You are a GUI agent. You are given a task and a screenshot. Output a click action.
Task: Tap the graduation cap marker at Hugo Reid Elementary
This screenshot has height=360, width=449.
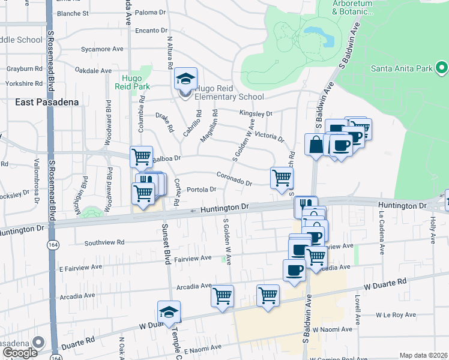pos(186,79)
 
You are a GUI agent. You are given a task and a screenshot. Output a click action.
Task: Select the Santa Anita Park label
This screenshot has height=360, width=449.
pos(402,68)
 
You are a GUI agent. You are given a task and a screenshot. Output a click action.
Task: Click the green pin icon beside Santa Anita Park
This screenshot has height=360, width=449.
pos(442,67)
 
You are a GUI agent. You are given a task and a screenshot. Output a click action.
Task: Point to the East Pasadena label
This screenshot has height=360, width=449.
pos(47,102)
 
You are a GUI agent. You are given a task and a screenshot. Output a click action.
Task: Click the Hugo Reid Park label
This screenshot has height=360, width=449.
pos(132,82)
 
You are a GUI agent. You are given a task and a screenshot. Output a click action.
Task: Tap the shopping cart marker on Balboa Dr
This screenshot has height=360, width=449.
pos(141,157)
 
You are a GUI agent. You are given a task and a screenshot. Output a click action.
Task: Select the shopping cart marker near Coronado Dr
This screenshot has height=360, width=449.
pos(282,178)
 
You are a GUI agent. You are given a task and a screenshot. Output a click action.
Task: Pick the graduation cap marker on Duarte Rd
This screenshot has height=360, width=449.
pos(169,312)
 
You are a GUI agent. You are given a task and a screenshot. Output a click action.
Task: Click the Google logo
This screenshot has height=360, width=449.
pos(19,352)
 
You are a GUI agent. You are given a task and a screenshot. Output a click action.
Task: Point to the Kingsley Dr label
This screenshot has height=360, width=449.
pos(256,112)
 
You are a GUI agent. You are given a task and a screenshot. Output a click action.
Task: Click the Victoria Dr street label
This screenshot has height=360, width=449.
pos(269,137)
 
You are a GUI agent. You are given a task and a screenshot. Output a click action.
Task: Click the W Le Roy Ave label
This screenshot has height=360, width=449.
pos(396,314)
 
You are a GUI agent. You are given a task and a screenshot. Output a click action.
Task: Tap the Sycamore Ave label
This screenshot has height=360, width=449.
pos(102,49)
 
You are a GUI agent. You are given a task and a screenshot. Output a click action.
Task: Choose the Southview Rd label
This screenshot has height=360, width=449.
pos(104,243)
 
